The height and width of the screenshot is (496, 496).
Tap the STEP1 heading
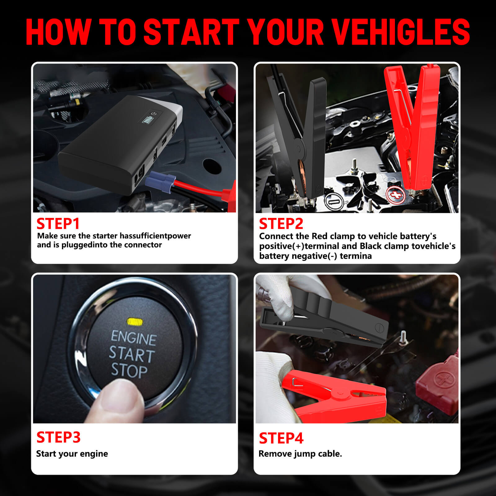58,224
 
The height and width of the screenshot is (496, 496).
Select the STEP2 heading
281,224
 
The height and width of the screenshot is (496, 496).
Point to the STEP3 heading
58,437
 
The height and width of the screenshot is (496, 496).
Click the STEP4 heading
281,438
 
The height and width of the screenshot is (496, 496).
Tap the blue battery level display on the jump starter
147,119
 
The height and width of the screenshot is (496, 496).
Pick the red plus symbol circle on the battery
396,195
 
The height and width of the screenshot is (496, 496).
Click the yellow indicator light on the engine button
135,322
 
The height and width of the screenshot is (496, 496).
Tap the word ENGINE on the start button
134,338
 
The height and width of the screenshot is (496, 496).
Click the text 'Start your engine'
72,454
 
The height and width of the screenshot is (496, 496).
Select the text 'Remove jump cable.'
300,454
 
